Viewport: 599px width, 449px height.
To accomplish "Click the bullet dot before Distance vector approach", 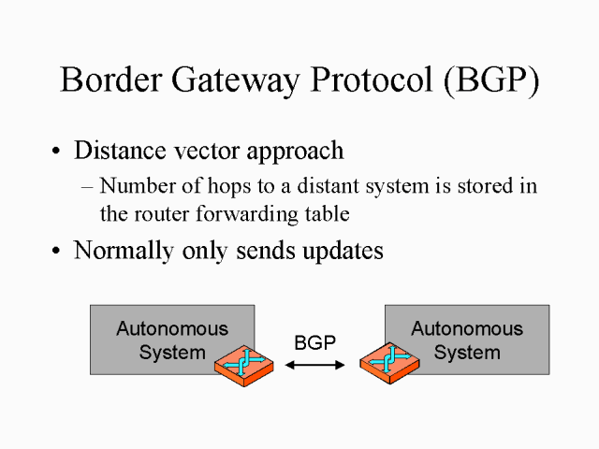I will [x=58, y=152].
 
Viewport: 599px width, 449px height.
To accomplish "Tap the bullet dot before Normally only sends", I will [x=58, y=253].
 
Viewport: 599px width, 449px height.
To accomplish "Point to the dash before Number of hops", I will [x=87, y=186].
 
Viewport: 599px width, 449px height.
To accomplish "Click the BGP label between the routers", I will [x=314, y=343].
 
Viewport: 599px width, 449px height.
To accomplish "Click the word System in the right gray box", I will [x=466, y=353].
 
